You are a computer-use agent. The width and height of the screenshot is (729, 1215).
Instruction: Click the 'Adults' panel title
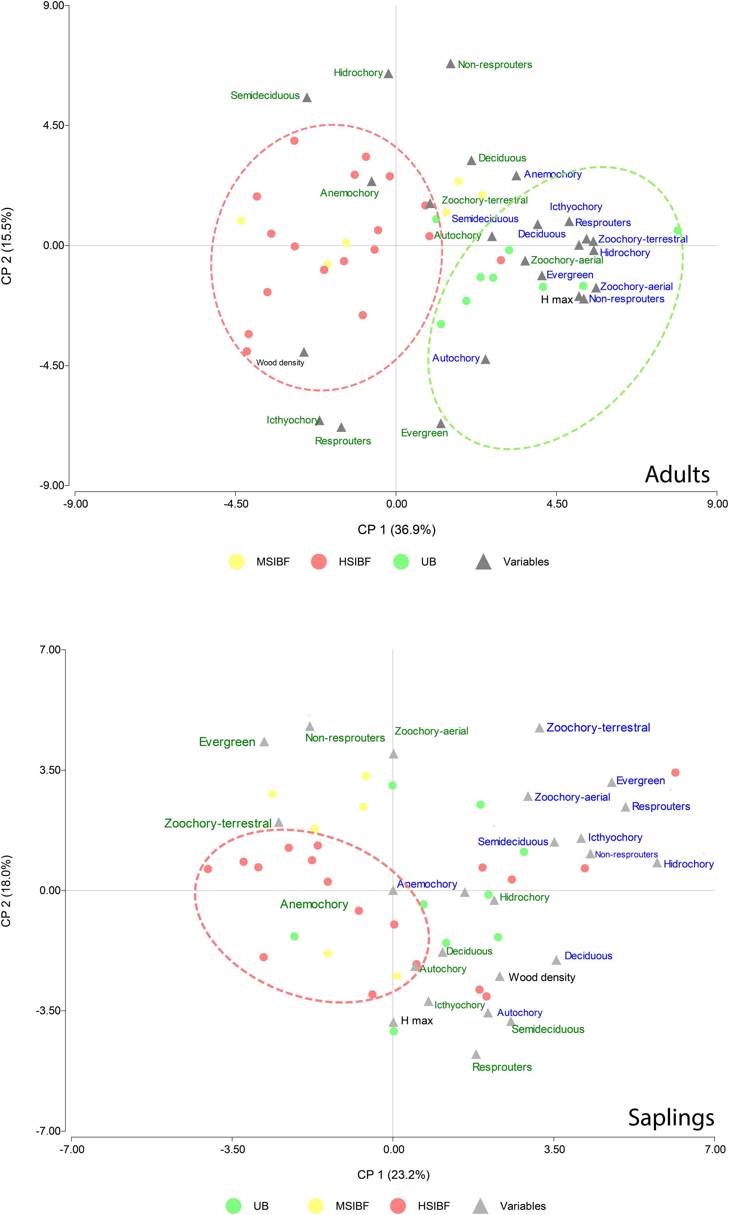click(x=677, y=474)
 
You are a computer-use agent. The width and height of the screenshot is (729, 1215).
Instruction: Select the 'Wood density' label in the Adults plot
click(x=280, y=363)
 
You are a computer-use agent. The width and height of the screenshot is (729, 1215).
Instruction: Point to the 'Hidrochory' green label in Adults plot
click(x=358, y=73)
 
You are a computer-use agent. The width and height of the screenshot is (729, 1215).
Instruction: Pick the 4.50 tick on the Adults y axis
click(x=53, y=125)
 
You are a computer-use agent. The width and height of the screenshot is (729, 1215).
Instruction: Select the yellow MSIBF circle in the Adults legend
click(x=237, y=561)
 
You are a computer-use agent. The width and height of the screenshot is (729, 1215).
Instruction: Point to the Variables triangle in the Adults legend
click(x=484, y=561)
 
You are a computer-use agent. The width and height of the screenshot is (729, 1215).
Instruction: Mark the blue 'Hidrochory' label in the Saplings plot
click(x=688, y=864)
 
